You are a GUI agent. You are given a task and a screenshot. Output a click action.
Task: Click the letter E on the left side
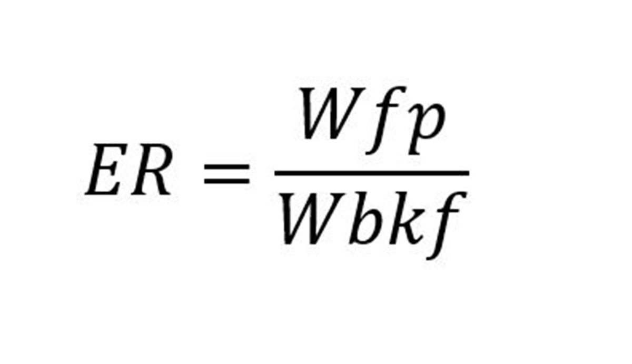point(106,169)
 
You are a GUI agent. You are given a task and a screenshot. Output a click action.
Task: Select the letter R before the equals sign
point(152,169)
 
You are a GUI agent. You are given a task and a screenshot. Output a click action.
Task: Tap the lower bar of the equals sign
point(227,181)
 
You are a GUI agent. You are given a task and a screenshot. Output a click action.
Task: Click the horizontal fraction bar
point(372,173)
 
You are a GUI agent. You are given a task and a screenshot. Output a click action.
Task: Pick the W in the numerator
point(331,113)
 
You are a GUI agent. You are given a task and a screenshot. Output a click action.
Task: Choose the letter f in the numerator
point(386,120)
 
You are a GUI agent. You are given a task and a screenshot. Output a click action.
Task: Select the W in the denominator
point(311,219)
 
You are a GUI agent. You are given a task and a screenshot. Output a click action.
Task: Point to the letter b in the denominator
point(367,218)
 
